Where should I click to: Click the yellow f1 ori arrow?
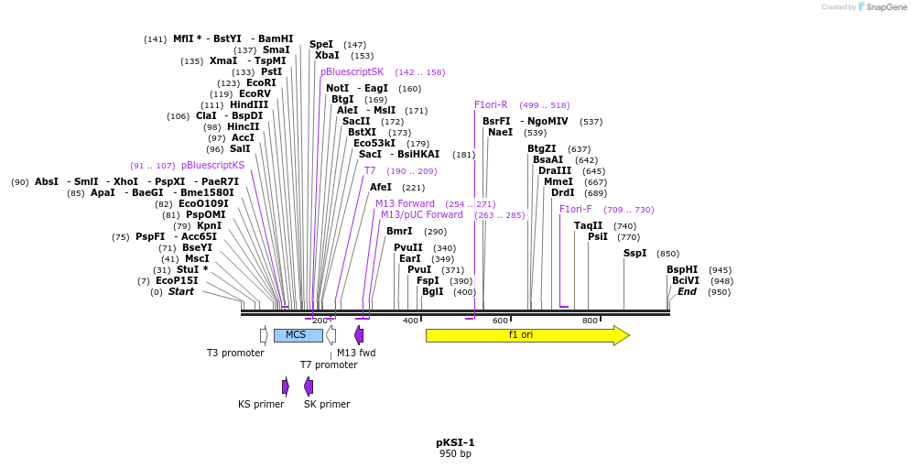click(x=527, y=335)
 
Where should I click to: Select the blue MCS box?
click(x=298, y=335)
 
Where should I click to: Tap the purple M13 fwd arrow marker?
click(x=359, y=335)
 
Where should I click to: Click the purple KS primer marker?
click(x=286, y=386)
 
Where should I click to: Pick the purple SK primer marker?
click(x=309, y=386)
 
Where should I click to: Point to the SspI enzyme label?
click(x=635, y=254)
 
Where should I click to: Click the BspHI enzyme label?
click(x=683, y=270)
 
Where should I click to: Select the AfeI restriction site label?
click(x=381, y=187)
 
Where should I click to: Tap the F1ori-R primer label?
click(x=491, y=104)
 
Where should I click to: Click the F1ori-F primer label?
click(x=576, y=210)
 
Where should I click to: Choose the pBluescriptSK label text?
click(x=352, y=72)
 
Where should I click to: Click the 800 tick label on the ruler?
click(x=590, y=321)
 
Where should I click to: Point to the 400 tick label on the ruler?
click(x=410, y=321)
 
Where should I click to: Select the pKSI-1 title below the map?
click(x=456, y=443)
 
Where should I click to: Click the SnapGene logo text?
click(x=886, y=7)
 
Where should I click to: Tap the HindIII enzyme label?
click(x=249, y=104)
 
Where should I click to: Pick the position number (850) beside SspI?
click(x=667, y=254)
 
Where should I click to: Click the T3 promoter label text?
click(x=235, y=353)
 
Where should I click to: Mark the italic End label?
click(x=687, y=292)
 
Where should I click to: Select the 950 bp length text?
click(x=456, y=453)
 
